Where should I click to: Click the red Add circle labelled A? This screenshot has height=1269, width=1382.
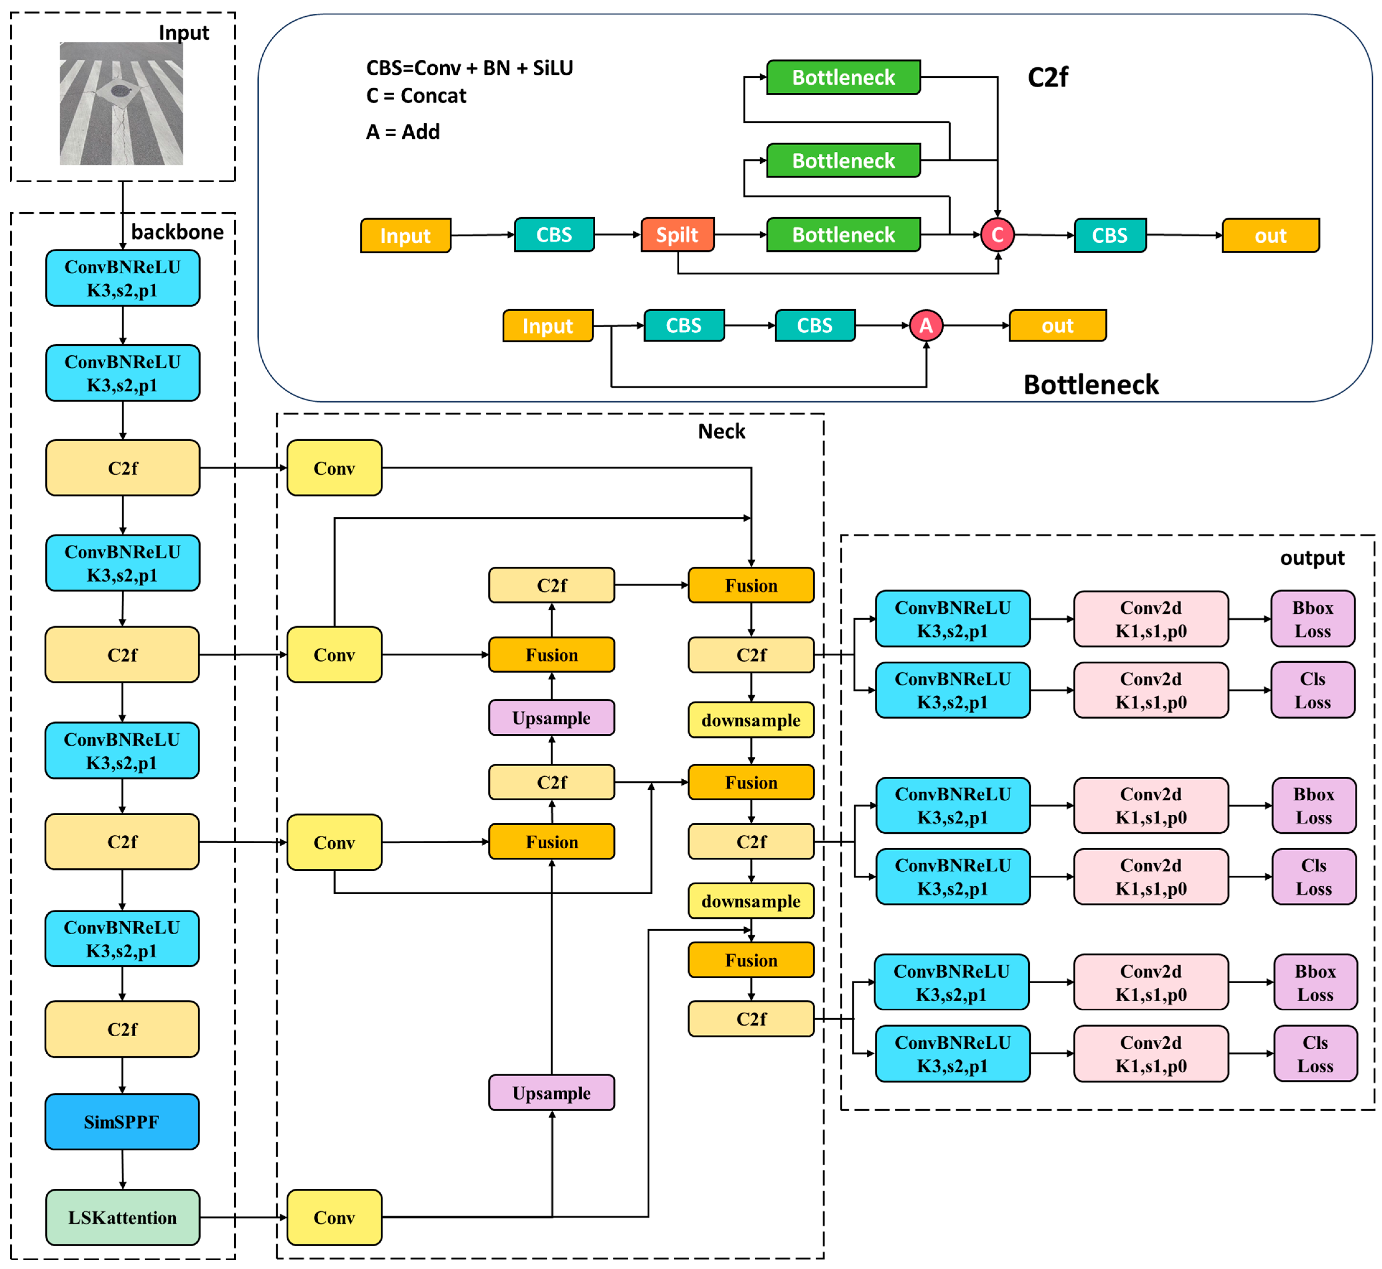pyautogui.click(x=925, y=325)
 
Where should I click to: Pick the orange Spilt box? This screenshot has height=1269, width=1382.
pyautogui.click(x=677, y=235)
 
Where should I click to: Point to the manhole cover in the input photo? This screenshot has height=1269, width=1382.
pyautogui.click(x=121, y=90)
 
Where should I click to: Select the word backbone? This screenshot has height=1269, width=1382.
pyautogui.click(x=177, y=232)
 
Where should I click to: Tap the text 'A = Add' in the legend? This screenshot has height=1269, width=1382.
pyautogui.click(x=403, y=132)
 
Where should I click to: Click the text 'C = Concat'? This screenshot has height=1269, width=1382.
pyautogui.click(x=416, y=96)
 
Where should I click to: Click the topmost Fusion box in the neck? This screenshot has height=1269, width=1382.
pyautogui.click(x=751, y=585)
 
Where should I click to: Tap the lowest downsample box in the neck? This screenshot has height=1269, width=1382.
pyautogui.click(x=751, y=901)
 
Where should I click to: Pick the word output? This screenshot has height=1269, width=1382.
pyautogui.click(x=1312, y=558)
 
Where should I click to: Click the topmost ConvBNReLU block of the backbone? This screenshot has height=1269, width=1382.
pyautogui.click(x=122, y=278)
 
